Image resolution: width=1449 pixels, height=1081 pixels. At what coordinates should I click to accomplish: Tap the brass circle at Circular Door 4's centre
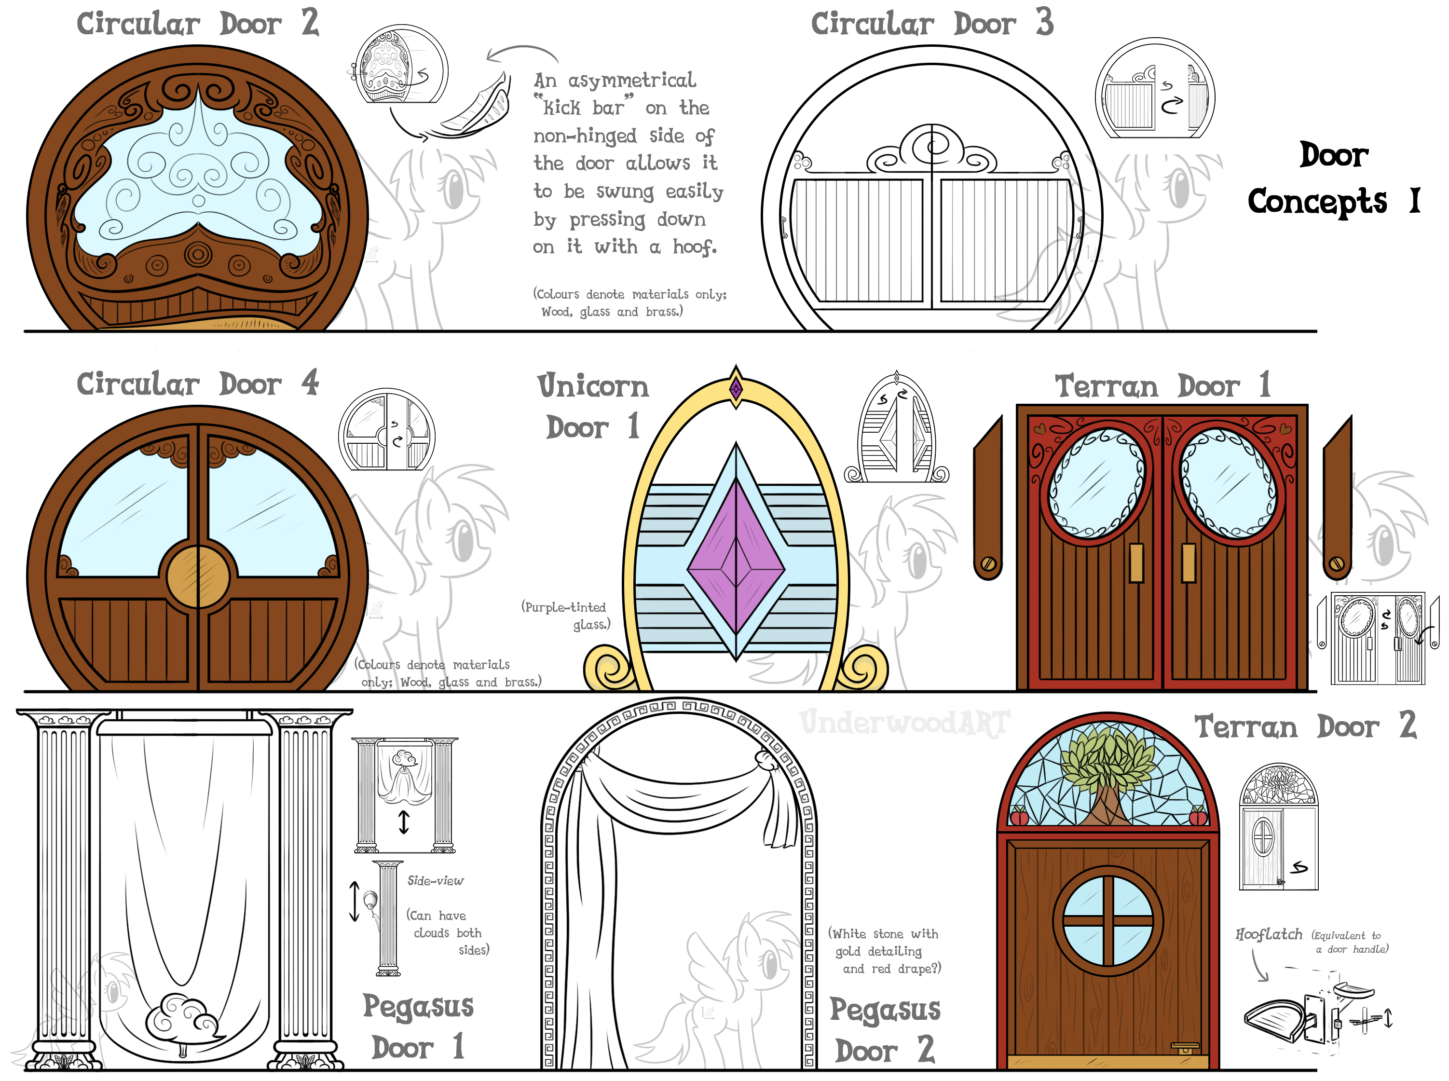coord(198,576)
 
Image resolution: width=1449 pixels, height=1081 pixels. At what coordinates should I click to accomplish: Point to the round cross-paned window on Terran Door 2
coord(1107,921)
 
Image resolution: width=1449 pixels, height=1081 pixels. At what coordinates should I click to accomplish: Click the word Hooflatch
coord(1269,934)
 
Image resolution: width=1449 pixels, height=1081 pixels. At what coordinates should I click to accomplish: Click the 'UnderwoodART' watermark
coord(905,723)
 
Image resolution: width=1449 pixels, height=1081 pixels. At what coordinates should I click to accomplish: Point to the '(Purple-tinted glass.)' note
coord(565,615)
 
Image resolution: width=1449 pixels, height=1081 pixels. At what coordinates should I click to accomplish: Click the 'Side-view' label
coord(435,881)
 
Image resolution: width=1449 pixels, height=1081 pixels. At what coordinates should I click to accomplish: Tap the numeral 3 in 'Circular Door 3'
coord(1044,22)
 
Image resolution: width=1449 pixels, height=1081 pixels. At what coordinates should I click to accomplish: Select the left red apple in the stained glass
coord(1019,816)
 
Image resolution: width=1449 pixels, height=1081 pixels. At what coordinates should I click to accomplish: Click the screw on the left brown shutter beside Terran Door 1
coord(988,563)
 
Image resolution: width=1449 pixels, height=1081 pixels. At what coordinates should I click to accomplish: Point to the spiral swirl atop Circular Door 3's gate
coord(932,145)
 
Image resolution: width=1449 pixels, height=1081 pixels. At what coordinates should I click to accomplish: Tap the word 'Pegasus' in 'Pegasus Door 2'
coord(885,1010)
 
